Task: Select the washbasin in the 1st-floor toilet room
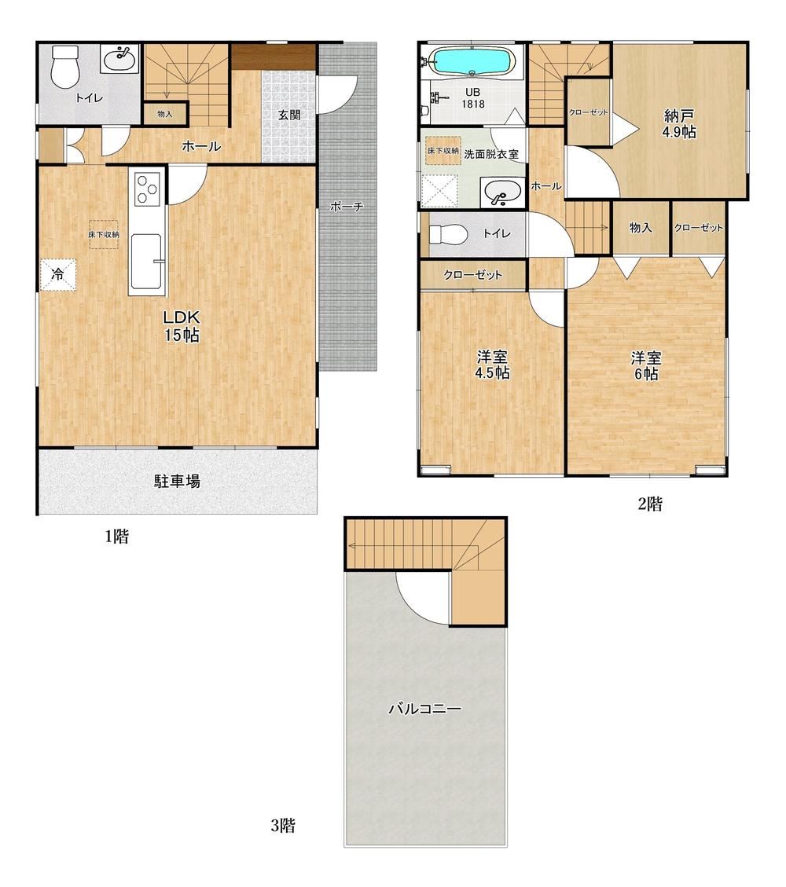[x=120, y=59]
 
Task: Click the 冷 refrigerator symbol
[x=57, y=276]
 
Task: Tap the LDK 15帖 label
[x=182, y=326]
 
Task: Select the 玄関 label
[x=289, y=115]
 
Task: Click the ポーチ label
[x=347, y=207]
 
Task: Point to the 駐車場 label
[x=177, y=482]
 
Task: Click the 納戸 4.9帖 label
[x=680, y=124]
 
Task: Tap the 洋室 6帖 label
[x=645, y=365]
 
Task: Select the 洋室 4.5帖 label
[x=492, y=365]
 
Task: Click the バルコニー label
[x=425, y=708]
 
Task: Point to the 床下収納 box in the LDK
[x=103, y=234]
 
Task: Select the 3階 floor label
[x=282, y=826]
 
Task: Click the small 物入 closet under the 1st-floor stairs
[x=165, y=114]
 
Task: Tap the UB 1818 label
[x=472, y=98]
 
